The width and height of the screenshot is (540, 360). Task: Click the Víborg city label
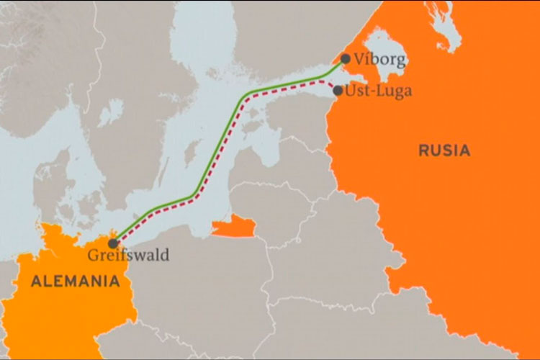coord(376,60)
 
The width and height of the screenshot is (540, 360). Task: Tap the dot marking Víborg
coord(346,59)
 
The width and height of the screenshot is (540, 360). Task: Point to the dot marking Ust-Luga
coord(338,91)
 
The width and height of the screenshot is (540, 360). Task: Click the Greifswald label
coord(128,255)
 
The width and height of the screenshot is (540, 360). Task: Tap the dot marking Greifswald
coord(113,243)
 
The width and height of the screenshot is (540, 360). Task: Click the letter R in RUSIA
coord(423,150)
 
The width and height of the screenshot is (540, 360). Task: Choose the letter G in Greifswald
coord(92,255)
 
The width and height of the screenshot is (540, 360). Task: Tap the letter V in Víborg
coord(359,60)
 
